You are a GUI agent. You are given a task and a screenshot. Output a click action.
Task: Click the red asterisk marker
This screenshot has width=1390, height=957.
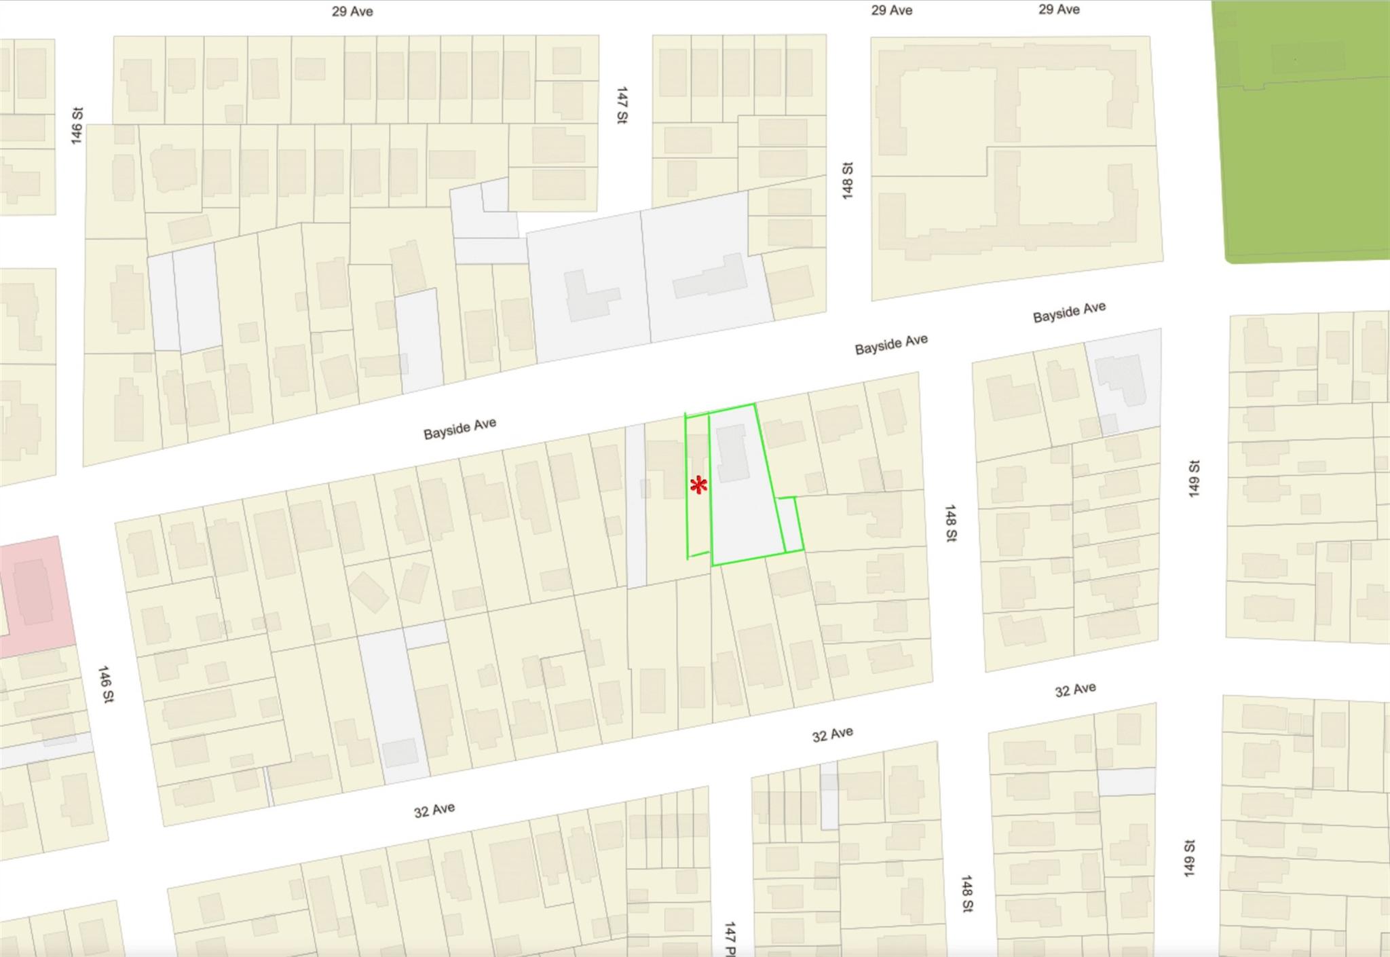tap(698, 485)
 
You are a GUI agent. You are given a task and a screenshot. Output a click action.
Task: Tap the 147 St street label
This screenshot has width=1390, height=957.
tap(622, 105)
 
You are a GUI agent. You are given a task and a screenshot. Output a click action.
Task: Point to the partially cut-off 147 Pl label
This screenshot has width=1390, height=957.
tap(730, 939)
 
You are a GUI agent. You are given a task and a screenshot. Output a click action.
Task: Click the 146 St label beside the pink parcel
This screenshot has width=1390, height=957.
tap(106, 684)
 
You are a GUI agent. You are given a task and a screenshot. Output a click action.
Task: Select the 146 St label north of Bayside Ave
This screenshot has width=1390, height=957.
tap(77, 126)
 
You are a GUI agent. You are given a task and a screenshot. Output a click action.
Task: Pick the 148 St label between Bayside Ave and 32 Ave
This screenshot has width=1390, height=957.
tap(951, 523)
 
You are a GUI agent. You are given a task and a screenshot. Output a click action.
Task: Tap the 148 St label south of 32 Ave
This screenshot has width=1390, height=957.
tap(967, 894)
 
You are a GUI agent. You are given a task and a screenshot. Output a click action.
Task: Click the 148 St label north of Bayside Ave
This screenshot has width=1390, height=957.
tap(847, 180)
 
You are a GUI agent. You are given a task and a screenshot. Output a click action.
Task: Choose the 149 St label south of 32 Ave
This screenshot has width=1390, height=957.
tap(1189, 858)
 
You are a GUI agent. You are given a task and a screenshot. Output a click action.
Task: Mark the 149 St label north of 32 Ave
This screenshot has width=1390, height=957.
tap(1195, 478)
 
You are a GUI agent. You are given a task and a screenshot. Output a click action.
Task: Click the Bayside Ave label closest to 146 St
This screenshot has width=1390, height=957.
tap(460, 428)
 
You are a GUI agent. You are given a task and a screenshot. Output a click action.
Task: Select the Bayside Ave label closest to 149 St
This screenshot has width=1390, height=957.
tap(1069, 312)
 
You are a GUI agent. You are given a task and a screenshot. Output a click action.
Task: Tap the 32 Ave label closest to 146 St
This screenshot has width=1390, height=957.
tap(434, 810)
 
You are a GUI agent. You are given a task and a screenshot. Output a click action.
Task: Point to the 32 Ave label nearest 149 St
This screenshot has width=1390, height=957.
tap(1075, 690)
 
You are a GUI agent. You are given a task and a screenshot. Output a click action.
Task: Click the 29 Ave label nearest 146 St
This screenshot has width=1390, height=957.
tap(352, 12)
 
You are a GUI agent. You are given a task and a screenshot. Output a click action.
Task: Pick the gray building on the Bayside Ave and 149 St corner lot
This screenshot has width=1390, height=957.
tap(1122, 380)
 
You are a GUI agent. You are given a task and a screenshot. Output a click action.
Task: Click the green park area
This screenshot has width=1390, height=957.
tap(1303, 129)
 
